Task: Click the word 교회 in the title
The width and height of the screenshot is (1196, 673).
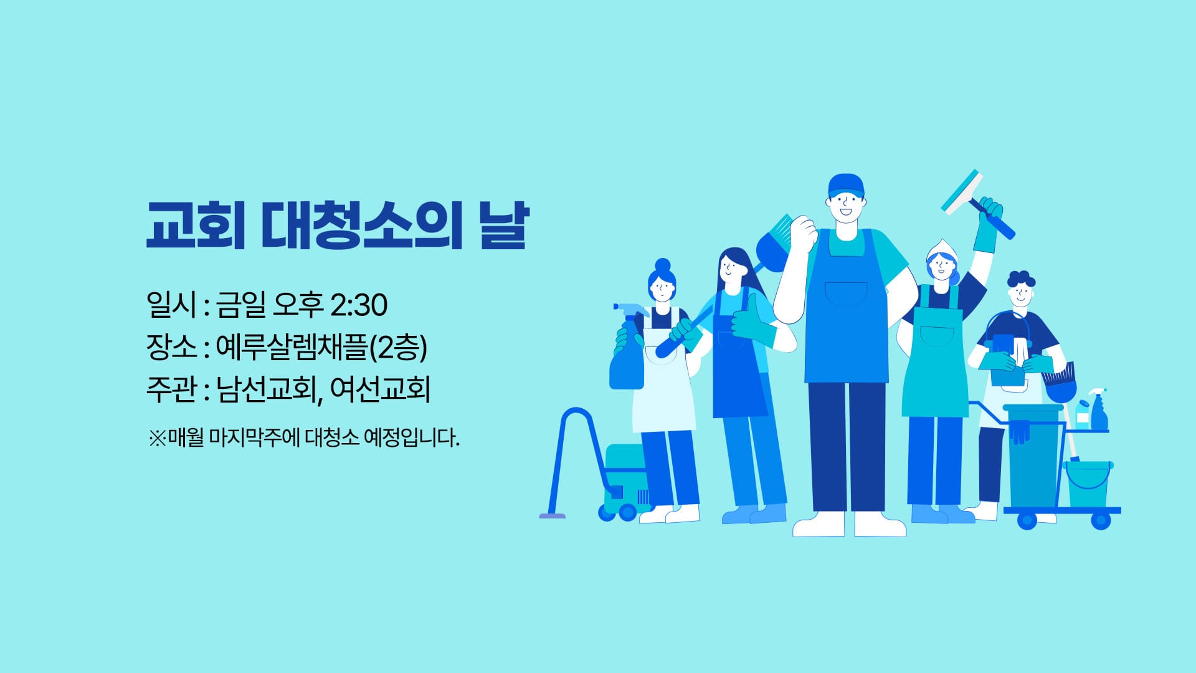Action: tap(195, 225)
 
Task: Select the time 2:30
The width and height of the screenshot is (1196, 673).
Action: tap(358, 305)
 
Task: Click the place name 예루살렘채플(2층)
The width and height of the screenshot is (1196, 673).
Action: tap(321, 347)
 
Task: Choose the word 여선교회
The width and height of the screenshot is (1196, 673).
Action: tap(381, 389)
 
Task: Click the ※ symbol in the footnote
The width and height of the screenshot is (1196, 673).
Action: tap(157, 437)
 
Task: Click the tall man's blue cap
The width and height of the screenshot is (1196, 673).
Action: tap(846, 185)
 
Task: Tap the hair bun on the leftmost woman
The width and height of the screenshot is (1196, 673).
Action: tap(662, 266)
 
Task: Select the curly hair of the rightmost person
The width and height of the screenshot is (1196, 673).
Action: tap(1021, 280)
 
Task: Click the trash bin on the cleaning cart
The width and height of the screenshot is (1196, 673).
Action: tap(1032, 455)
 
